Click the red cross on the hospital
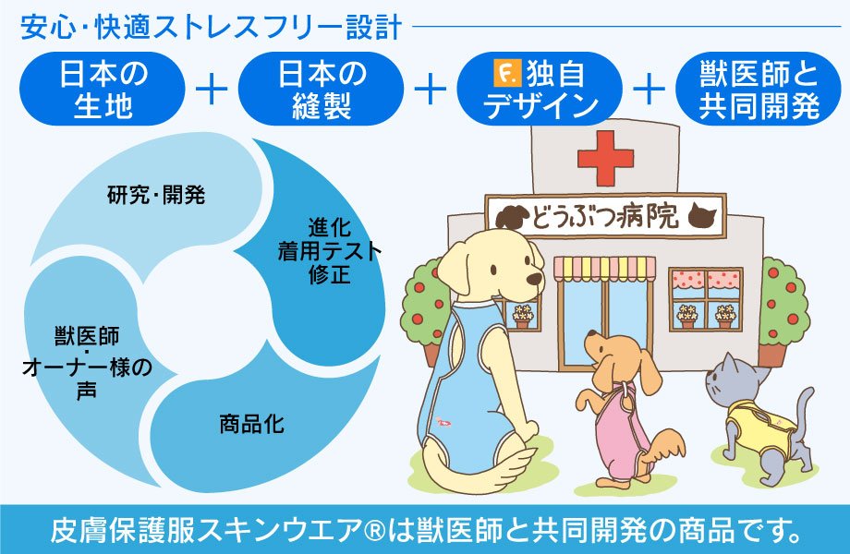click(x=605, y=158)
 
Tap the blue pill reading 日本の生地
click(x=103, y=89)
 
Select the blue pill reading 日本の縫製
click(x=321, y=89)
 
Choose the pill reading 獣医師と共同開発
click(x=759, y=89)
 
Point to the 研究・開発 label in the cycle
click(x=156, y=195)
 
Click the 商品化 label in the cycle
click(x=251, y=424)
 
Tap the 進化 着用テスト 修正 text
click(x=330, y=251)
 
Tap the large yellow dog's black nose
click(x=535, y=280)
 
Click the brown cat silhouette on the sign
click(x=702, y=214)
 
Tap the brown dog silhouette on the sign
click(x=512, y=217)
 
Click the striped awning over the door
click(x=604, y=269)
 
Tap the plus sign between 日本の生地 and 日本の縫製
click(x=212, y=90)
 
